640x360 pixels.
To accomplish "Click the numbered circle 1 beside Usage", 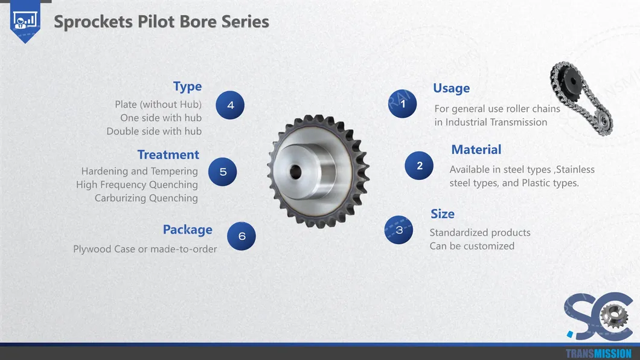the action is coord(403,104).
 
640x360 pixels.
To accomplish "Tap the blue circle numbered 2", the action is coord(419,166).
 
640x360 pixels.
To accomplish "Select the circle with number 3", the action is coord(398,230).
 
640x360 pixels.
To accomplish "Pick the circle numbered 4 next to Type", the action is coord(230,105).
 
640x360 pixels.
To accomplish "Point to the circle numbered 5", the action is coord(222,172).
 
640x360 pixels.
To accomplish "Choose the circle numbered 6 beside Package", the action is coord(242,236).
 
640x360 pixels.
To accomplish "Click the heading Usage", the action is coord(452,88).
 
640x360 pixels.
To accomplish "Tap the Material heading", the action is coord(476,149).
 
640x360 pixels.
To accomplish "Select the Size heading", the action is coord(443,214).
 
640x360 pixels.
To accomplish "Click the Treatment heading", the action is coord(168,155).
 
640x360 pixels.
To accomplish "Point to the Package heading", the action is coord(187,230).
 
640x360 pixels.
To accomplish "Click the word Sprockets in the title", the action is coord(93,22).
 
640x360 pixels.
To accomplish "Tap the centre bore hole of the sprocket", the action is coord(295,172).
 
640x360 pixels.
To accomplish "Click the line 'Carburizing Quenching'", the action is coord(146,198).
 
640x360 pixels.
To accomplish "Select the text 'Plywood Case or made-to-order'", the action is coord(145,249).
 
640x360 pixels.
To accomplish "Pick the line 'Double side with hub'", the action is coord(154,132).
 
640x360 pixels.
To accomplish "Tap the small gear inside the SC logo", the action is coord(614,317).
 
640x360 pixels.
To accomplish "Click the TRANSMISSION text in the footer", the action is coord(598,353).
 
